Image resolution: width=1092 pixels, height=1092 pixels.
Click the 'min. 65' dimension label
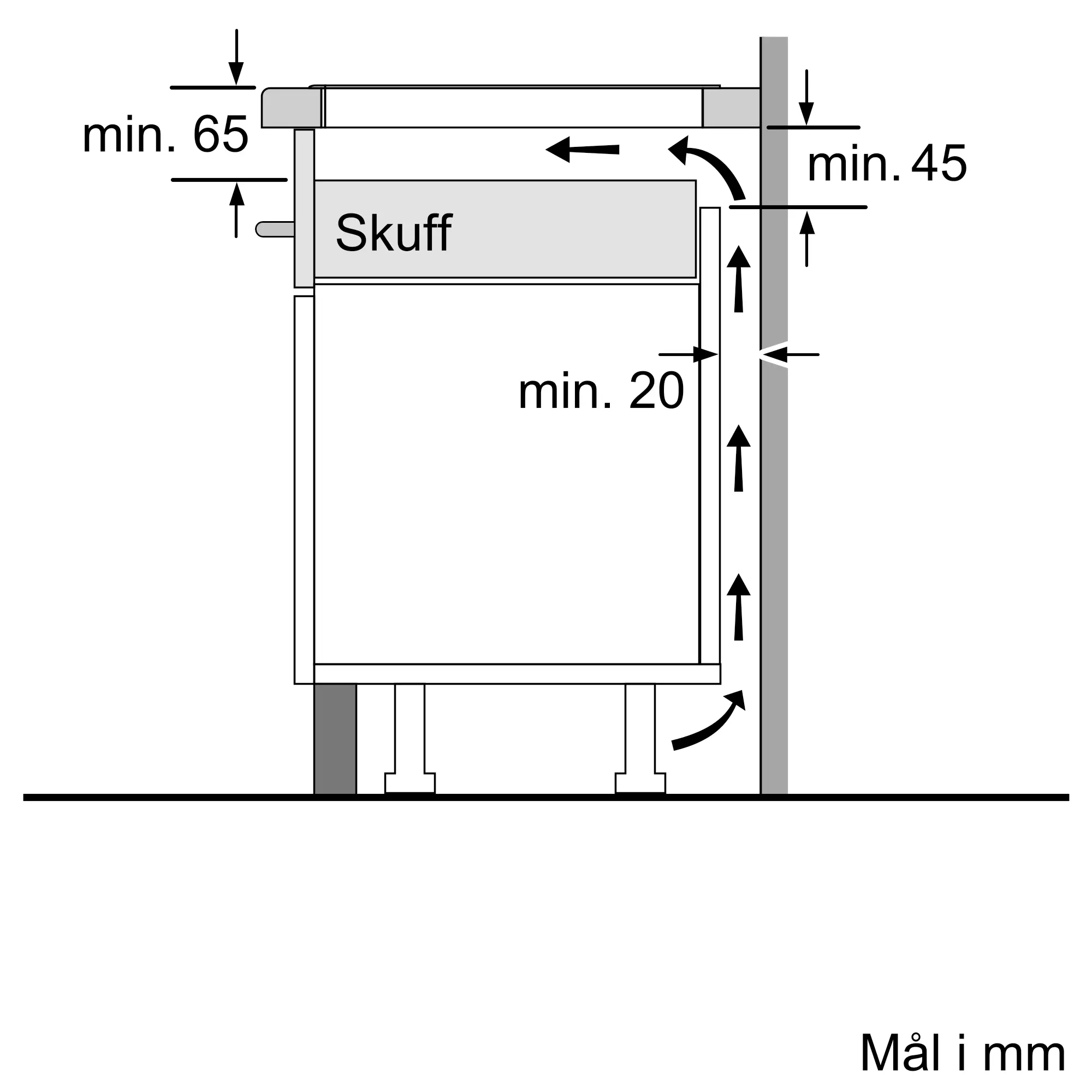[165, 134]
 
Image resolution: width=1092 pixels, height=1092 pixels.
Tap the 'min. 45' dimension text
[887, 163]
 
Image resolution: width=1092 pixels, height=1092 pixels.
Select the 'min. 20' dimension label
[601, 390]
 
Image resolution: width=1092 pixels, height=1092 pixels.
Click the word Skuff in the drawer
[394, 233]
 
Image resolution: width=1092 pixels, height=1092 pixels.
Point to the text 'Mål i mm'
[963, 1053]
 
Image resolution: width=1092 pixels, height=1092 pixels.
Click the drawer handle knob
[275, 229]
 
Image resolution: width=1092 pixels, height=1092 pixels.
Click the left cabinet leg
[410, 738]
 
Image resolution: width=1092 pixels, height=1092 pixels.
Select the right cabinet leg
[640, 738]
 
